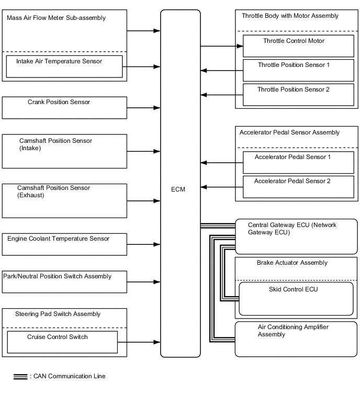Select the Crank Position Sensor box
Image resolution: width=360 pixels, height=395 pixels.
click(x=64, y=107)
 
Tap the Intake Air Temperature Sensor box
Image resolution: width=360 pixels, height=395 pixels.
click(x=64, y=66)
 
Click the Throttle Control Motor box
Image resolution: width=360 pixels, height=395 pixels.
click(x=298, y=46)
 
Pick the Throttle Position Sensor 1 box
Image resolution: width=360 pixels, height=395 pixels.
click(x=298, y=70)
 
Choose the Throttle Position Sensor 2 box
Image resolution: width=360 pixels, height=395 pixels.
click(x=298, y=95)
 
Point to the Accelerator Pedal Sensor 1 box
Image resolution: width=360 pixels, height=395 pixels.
click(x=298, y=162)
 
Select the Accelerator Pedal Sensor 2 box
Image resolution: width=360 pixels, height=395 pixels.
click(x=298, y=187)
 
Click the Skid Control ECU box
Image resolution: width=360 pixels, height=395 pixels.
click(x=296, y=298)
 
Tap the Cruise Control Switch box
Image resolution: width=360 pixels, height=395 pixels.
click(x=62, y=342)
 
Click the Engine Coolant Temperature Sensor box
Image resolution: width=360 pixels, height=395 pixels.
click(x=64, y=244)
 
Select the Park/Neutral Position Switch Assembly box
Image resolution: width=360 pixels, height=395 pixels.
click(x=64, y=281)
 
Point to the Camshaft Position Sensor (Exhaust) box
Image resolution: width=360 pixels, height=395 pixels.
click(x=64, y=200)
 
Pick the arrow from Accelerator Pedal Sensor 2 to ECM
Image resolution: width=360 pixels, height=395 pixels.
click(x=222, y=187)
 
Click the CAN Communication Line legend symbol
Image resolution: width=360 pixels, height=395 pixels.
click(x=20, y=376)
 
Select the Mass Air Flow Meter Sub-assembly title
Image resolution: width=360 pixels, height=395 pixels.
click(x=57, y=18)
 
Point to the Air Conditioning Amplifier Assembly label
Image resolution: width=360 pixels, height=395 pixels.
click(x=294, y=331)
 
